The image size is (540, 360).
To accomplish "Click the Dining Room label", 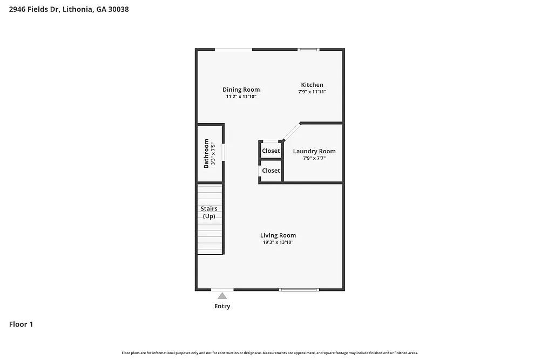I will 241,90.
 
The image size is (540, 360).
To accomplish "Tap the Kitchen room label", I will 312,85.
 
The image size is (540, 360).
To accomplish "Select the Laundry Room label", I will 314,151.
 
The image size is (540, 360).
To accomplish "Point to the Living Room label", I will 278,235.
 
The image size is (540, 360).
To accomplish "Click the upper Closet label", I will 271,151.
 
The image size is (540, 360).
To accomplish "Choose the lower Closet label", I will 271,171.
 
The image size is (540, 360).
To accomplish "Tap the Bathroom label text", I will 206,153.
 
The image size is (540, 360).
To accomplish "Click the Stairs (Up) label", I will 209,212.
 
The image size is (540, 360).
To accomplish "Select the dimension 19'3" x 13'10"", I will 278,243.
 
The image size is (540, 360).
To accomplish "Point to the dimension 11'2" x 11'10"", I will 241,97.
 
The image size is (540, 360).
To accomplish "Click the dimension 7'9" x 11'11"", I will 312,92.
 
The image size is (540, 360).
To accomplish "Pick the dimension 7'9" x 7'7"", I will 314,159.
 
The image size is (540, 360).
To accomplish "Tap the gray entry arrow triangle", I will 222,295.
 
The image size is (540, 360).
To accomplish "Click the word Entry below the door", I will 222,307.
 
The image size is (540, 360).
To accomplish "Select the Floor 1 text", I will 21,324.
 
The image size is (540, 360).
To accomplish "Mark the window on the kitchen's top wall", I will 309,50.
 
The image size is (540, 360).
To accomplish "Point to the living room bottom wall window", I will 299,290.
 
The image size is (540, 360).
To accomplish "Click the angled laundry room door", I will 292,131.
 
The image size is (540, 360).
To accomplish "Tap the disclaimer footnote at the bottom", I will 270,352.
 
